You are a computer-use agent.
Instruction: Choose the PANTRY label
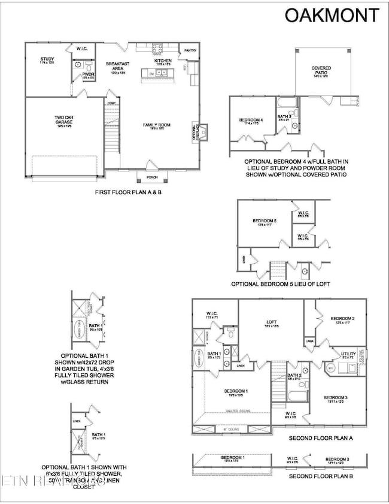pyautogui.click(x=191, y=51)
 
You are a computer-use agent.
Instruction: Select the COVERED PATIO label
pyautogui.click(x=321, y=70)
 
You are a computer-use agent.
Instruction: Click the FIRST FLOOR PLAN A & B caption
pyautogui.click(x=128, y=192)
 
